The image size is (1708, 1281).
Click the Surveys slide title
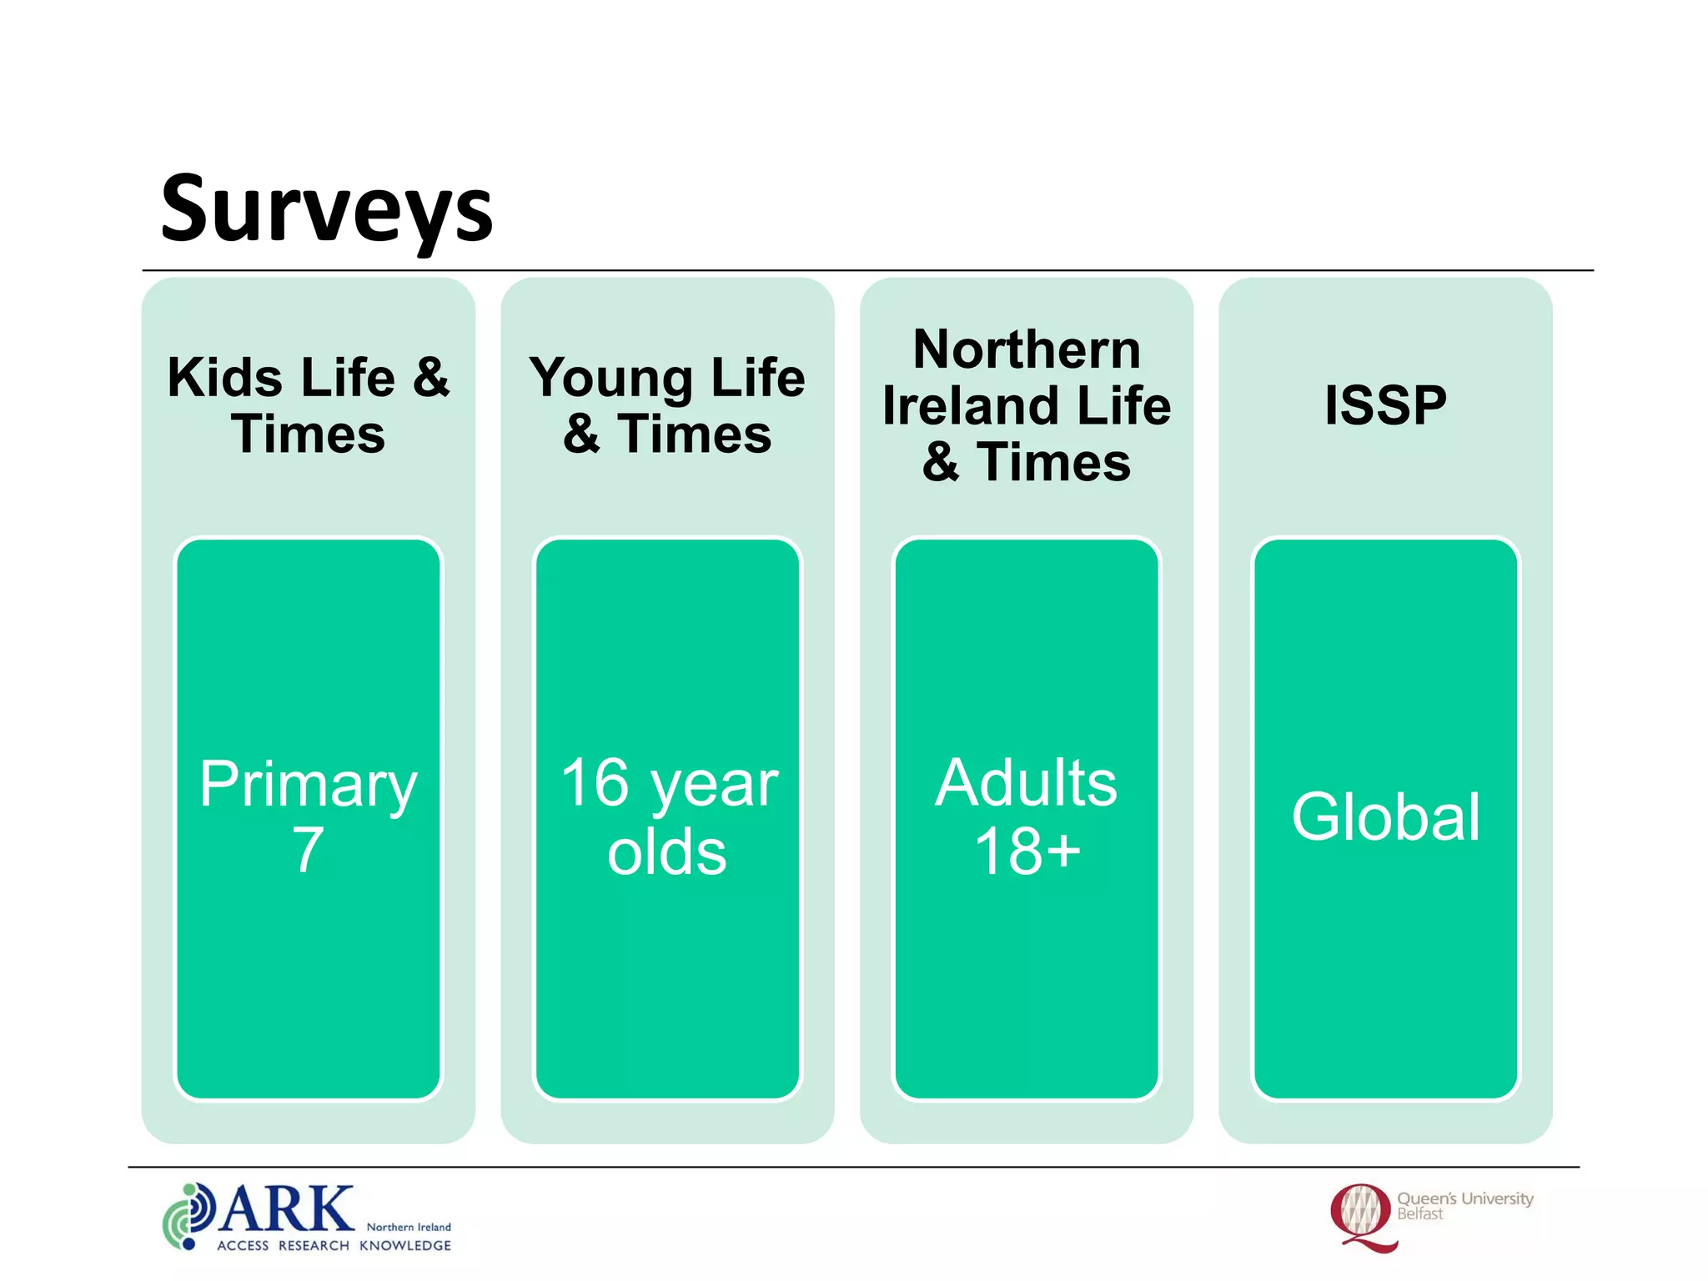(x=326, y=208)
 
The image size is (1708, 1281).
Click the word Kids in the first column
(x=225, y=378)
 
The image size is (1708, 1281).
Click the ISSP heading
(x=1385, y=405)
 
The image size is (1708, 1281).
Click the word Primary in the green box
(x=308, y=785)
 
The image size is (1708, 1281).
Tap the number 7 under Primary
(x=308, y=851)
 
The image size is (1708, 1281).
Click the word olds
(x=666, y=852)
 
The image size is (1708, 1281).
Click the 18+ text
(x=1027, y=851)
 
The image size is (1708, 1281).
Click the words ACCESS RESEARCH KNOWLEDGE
(x=334, y=1245)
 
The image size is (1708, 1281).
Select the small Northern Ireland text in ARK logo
(x=409, y=1227)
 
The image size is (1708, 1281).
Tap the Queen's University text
(x=1464, y=1198)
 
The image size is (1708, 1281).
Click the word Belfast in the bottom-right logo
(x=1419, y=1214)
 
